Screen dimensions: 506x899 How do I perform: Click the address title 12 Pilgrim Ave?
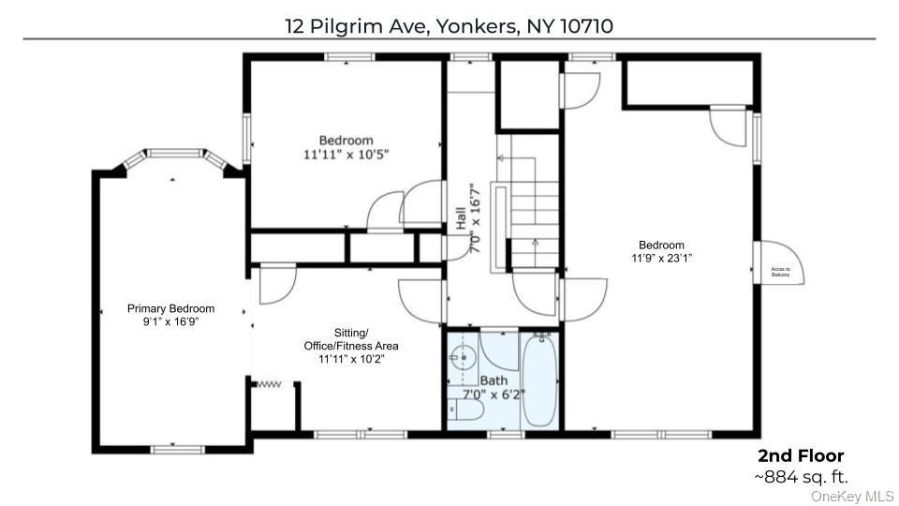coord(449,25)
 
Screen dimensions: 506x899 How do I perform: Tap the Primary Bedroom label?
coord(170,308)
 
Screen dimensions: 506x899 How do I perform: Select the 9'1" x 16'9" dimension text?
coord(170,321)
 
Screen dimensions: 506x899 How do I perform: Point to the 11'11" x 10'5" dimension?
coord(346,155)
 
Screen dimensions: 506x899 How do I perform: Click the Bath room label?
coord(494,380)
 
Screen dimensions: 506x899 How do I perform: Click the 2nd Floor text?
coord(801,456)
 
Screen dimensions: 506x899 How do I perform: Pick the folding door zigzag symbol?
coord(269,383)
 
